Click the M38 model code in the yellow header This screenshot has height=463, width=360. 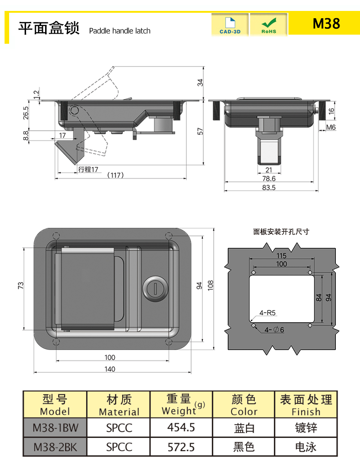pos(326,24)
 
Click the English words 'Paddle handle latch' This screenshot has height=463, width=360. pos(119,31)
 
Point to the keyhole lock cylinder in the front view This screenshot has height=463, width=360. pos(154,288)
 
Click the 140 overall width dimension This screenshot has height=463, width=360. pos(110,369)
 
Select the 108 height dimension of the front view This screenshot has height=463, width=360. pos(211,285)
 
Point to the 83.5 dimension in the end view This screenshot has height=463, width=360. pos(269,188)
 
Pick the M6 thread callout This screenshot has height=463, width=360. pos(331,127)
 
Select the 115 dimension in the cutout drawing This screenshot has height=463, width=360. pos(281,256)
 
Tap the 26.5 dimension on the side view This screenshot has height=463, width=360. pos(26,112)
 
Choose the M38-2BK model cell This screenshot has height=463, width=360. pos(55,447)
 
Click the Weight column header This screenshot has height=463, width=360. pos(181,404)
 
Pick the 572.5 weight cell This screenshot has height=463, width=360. pos(181,447)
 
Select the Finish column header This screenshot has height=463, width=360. pos(306,405)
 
